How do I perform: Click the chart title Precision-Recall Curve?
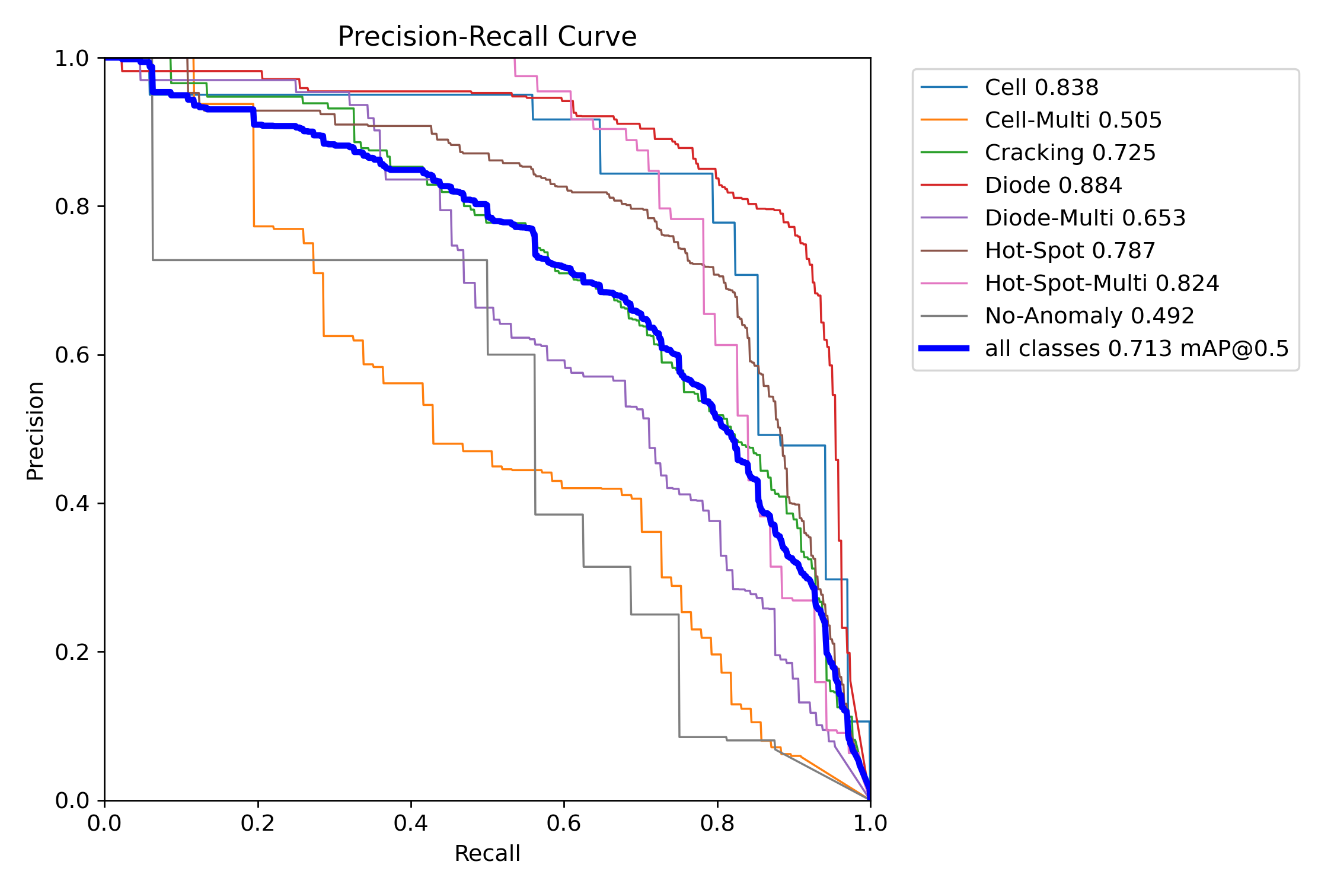[487, 37]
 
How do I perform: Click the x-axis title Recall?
[487, 853]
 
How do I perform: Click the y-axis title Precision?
[35, 431]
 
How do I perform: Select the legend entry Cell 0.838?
[1041, 88]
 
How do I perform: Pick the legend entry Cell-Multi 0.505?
[1073, 120]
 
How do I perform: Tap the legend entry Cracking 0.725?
[1070, 153]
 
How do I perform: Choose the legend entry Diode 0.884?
[1053, 186]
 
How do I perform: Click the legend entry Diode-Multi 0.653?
[1084, 218]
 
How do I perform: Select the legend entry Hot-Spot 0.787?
[1070, 251]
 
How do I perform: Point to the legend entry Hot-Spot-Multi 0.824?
[1102, 284]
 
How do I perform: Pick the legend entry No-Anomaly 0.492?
[1089, 316]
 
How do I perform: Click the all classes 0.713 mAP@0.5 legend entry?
[1137, 349]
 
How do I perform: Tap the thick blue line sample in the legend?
[944, 349]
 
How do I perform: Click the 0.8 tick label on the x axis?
[717, 823]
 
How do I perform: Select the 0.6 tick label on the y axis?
[72, 355]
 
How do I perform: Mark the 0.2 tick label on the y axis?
[72, 652]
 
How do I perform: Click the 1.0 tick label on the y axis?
[72, 59]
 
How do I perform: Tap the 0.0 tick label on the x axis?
[104, 823]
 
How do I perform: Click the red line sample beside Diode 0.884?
[944, 186]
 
